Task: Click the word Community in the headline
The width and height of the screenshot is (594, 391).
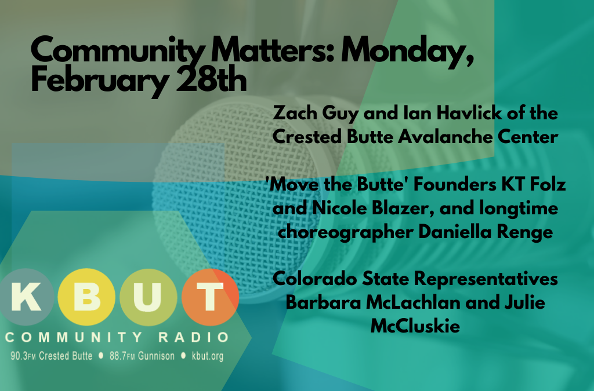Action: tap(118, 51)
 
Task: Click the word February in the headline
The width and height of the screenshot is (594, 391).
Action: tap(100, 82)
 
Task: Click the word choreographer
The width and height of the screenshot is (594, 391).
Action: tap(346, 232)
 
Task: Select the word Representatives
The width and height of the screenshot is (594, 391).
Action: tap(486, 280)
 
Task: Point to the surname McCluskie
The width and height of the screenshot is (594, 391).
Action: tap(415, 326)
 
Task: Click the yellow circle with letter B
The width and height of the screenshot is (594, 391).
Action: tap(86, 297)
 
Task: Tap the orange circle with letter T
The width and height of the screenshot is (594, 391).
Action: tap(210, 297)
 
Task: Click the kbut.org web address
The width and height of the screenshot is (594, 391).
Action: tap(208, 356)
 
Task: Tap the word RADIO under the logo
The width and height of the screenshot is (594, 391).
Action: tap(194, 337)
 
